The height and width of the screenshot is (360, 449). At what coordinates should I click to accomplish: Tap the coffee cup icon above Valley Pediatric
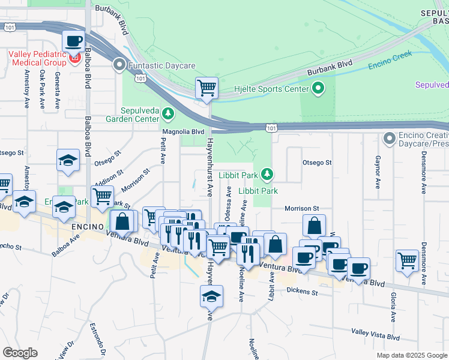[73, 41]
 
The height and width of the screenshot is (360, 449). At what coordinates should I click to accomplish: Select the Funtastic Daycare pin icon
[119, 64]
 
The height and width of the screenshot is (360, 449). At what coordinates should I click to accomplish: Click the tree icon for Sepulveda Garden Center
[169, 113]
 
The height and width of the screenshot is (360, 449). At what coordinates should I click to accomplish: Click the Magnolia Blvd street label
[184, 131]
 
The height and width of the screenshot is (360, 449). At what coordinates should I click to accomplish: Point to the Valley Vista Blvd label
[375, 337]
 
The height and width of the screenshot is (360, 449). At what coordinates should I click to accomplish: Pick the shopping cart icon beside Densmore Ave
[407, 261]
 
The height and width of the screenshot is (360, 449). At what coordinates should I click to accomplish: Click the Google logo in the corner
[20, 353]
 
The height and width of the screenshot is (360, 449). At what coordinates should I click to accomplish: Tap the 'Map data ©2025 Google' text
[411, 355]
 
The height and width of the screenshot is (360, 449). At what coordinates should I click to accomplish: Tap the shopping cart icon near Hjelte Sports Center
[206, 88]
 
